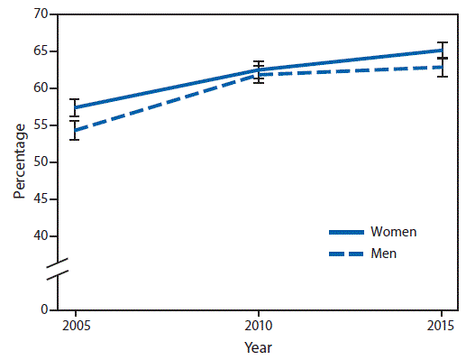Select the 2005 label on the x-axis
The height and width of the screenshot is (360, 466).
tap(76, 325)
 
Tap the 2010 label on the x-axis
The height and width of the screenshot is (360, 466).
tap(259, 325)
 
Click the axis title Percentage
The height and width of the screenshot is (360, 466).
tap(18, 162)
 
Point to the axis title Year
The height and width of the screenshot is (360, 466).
tap(259, 346)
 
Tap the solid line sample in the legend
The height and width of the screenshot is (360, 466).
tap(342, 232)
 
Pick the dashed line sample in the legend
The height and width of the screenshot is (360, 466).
tap(342, 254)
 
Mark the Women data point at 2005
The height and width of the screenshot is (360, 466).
tap(76, 107)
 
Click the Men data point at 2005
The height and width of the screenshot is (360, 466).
tap(76, 130)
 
